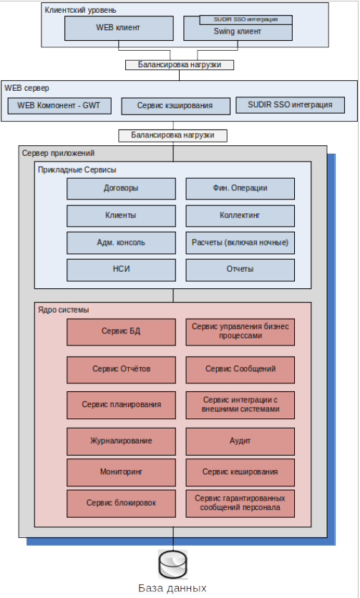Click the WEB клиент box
coord(119,28)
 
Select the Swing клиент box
coord(238,32)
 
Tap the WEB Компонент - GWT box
coord(59,106)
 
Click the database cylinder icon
coord(173,564)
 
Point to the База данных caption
coord(172,588)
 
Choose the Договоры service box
coord(121,188)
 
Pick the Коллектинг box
coord(240,215)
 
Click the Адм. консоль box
coord(121,242)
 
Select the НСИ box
coord(121,270)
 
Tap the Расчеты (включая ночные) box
coord(240,242)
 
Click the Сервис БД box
coord(121,332)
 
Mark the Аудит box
coord(240,441)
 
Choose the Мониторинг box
coord(121,472)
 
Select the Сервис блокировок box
coord(121,504)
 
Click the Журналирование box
coord(121,441)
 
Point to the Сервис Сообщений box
coord(240,370)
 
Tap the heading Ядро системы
coord(64,310)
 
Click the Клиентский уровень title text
coord(81,10)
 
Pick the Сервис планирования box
coord(121,405)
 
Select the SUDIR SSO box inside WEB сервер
coord(290,105)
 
